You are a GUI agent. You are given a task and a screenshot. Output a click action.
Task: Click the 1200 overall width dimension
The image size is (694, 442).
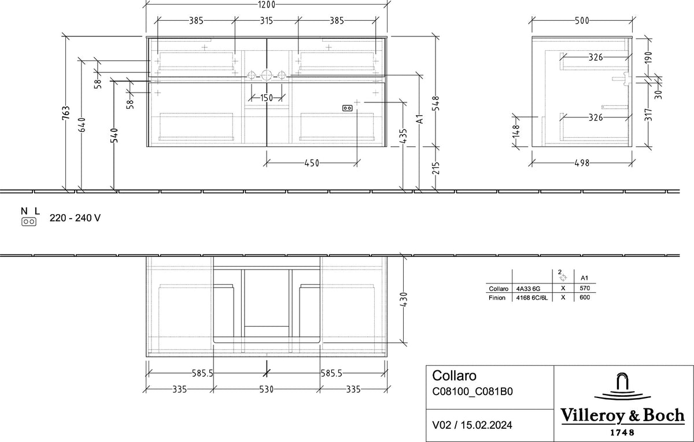point(267,5)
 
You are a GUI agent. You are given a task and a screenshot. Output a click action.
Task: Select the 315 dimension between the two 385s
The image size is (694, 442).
point(266,20)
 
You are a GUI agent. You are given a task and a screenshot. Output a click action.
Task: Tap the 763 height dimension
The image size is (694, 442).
point(66,112)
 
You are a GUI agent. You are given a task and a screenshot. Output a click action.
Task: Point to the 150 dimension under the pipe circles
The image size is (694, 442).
point(267,98)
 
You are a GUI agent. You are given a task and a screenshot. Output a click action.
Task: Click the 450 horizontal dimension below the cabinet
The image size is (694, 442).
point(312,163)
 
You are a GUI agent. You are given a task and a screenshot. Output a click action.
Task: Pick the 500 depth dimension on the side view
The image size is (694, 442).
point(582,20)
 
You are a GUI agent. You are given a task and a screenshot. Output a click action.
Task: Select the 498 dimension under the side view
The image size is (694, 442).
point(582,163)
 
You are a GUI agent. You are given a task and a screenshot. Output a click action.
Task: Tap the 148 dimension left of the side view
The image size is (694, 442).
point(515,131)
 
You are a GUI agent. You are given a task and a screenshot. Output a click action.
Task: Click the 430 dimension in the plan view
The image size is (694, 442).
point(404,300)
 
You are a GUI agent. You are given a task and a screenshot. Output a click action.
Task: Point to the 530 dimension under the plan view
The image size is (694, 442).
point(267,389)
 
